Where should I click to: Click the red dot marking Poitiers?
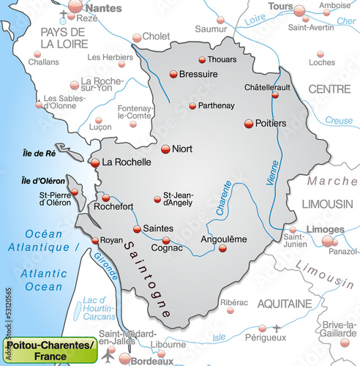coord(249,123)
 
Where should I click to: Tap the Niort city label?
coord(182,149)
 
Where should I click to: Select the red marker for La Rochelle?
coord(94,162)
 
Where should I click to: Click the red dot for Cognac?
coord(166,240)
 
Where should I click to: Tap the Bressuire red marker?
coord(173,74)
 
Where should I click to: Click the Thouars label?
coord(222,60)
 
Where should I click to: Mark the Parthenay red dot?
coord(192,106)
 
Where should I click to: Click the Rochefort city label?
coord(112,207)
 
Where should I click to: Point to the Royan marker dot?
coord(94,240)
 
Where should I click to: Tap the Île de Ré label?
coord(34,154)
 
